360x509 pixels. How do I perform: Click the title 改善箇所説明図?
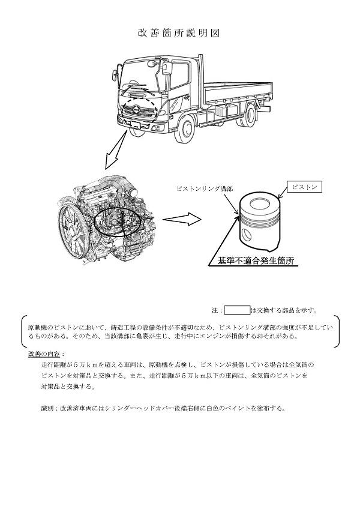[179, 33]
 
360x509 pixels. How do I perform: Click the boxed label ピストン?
[303, 187]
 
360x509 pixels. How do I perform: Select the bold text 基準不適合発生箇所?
[254, 261]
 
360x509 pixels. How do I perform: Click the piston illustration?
[260, 223]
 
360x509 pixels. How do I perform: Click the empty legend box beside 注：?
[237, 310]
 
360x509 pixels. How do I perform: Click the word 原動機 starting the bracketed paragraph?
[37, 327]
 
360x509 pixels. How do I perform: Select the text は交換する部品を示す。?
[284, 310]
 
